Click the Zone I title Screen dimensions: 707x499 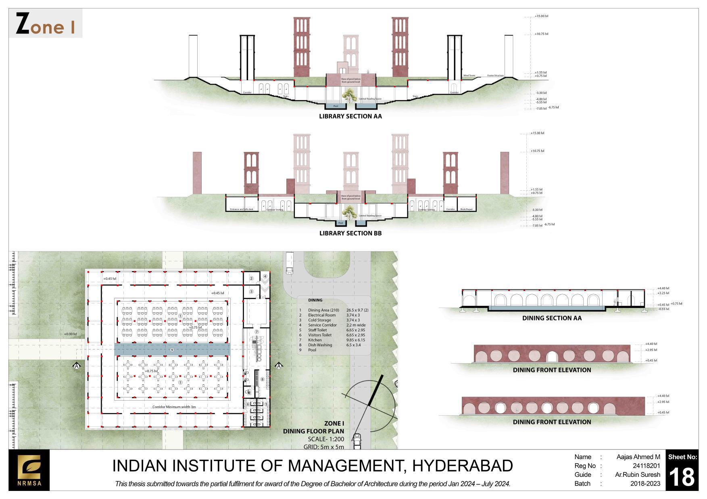coord(45,24)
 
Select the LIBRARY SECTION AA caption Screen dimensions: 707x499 coord(350,116)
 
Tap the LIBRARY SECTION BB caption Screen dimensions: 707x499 coord(350,233)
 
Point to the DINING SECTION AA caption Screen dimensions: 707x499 coord(552,318)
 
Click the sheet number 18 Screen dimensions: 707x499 coord(682,477)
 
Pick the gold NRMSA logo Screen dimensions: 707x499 coord(29,470)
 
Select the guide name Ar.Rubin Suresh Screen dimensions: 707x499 coord(637,475)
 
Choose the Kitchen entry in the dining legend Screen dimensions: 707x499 coord(315,340)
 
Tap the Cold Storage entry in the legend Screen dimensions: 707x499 coord(319,320)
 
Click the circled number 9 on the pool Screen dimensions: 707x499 coord(172,350)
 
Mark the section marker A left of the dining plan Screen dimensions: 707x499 coord(77,366)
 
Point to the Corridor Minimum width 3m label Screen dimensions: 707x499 coord(174,407)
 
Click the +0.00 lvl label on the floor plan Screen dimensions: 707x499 coord(70,334)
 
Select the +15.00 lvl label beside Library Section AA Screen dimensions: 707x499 coord(541,16)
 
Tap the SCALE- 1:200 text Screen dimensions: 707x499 coord(326,439)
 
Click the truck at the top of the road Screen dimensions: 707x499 coord(290,263)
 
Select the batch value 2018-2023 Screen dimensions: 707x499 coord(645,484)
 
